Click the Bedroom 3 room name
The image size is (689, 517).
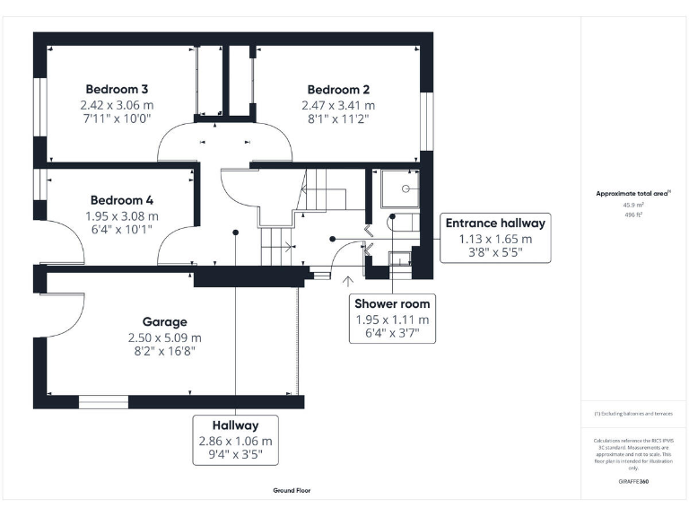pos(117,89)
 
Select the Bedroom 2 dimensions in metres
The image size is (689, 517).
pos(338,104)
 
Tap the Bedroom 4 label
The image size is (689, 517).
pos(121,200)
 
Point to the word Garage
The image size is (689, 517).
pos(164,321)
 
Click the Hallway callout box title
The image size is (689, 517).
pos(235,425)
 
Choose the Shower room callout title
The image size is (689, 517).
pos(392,303)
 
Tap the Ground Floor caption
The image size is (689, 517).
pos(292,491)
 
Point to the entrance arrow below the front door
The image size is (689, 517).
pos(348,282)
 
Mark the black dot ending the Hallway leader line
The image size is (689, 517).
pos(236,232)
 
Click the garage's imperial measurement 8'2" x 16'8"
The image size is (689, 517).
pos(164,351)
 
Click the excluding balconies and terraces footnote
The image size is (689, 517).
pos(633,413)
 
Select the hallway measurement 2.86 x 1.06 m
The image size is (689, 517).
pos(235,442)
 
